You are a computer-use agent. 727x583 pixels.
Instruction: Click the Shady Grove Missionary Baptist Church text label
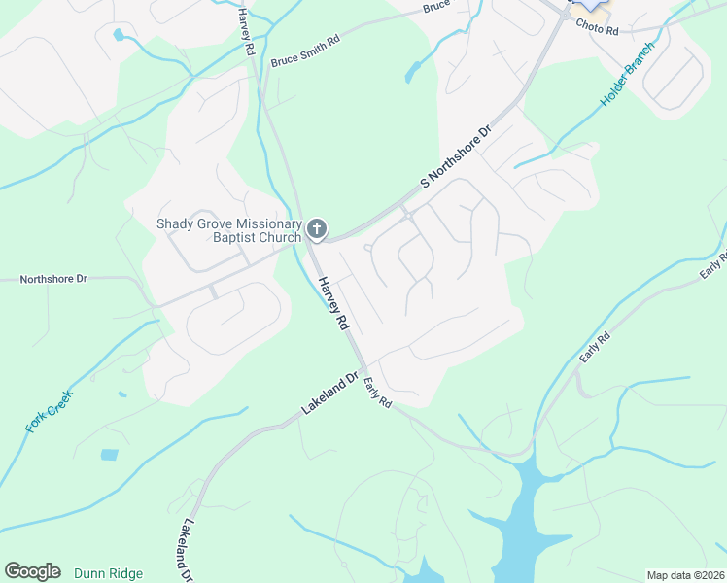click(x=229, y=230)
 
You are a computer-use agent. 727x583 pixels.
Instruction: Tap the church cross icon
click(x=316, y=229)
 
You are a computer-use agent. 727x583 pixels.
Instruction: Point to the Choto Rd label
click(x=597, y=29)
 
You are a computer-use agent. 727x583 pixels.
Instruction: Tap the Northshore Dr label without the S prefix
click(x=54, y=279)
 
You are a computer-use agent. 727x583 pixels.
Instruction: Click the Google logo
click(x=32, y=571)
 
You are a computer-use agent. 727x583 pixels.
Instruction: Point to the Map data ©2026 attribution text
click(x=686, y=575)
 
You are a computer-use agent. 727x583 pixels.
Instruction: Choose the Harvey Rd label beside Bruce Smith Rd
click(x=246, y=31)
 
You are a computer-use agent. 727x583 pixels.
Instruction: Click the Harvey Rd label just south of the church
click(x=332, y=304)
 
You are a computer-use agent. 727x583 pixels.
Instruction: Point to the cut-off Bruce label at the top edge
click(x=437, y=7)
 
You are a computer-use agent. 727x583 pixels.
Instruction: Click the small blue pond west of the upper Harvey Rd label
click(x=119, y=35)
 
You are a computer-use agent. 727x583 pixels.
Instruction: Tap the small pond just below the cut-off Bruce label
click(x=414, y=71)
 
